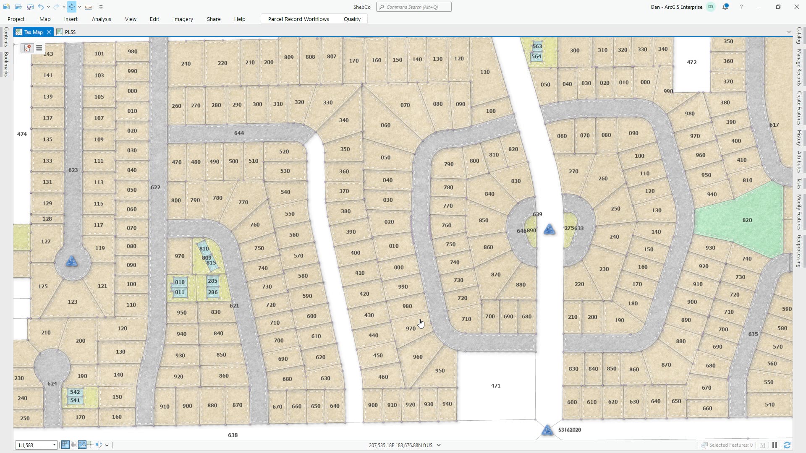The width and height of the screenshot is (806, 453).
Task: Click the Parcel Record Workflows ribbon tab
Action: [x=298, y=19]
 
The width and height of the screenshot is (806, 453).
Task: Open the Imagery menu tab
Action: [x=183, y=19]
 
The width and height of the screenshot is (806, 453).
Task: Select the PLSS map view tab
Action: [x=70, y=32]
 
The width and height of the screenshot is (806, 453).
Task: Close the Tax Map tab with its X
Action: [x=49, y=32]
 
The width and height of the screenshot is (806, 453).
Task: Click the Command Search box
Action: [x=414, y=7]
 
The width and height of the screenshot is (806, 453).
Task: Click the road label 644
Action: [x=239, y=133]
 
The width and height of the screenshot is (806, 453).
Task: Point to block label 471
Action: [x=495, y=385]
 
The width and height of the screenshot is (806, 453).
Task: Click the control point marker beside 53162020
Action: [x=547, y=430]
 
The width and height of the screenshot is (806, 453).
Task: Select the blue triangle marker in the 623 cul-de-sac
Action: [x=72, y=262]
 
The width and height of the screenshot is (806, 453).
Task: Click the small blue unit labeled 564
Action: [x=536, y=56]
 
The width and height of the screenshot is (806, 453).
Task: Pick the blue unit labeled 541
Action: [x=75, y=400]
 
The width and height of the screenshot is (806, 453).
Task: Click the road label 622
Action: [x=155, y=187]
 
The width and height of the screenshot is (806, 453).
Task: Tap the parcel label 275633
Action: [x=573, y=228]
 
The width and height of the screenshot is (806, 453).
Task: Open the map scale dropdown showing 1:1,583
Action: [x=54, y=445]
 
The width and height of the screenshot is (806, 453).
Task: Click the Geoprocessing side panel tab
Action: [x=799, y=251]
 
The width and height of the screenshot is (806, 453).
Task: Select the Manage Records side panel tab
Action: [x=799, y=67]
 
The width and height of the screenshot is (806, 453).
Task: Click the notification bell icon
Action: [x=725, y=7]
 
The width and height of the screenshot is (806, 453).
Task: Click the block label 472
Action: [x=691, y=62]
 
